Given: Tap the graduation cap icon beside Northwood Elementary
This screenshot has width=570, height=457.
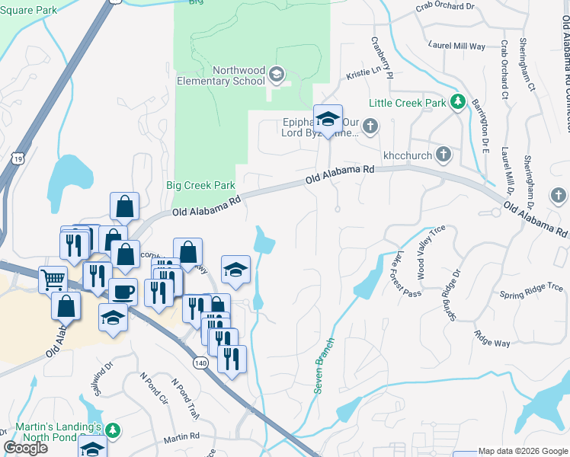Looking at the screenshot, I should (276, 75).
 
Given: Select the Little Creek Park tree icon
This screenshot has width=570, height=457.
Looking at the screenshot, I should (457, 102).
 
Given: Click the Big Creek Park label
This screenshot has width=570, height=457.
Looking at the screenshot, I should (200, 185).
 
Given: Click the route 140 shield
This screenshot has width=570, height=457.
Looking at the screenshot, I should (200, 364).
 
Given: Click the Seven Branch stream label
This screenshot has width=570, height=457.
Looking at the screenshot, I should (324, 366).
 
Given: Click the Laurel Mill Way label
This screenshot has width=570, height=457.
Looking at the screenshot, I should (457, 46).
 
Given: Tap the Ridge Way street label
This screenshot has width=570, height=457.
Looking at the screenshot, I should (492, 338).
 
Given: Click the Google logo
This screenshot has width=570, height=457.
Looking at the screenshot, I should (25, 448).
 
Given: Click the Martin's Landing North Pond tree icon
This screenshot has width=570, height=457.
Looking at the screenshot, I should (114, 431).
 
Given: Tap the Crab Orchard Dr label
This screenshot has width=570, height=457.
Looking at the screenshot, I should (446, 7).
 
